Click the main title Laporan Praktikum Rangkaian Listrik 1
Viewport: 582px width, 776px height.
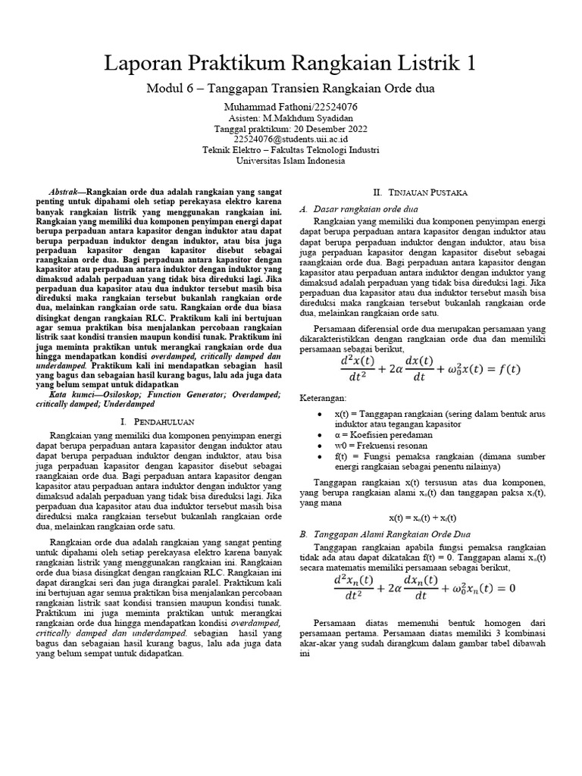(290, 64)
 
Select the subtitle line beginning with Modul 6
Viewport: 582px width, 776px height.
(290, 89)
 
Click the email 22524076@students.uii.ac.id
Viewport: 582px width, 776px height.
(290, 139)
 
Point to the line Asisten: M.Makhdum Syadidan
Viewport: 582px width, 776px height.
(290, 118)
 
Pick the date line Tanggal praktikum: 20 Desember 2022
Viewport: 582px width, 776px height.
(290, 129)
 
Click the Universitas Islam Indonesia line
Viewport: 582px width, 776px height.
(290, 161)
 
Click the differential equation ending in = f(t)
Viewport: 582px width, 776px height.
(430, 371)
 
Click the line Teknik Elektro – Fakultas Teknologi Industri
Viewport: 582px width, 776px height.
(290, 150)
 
